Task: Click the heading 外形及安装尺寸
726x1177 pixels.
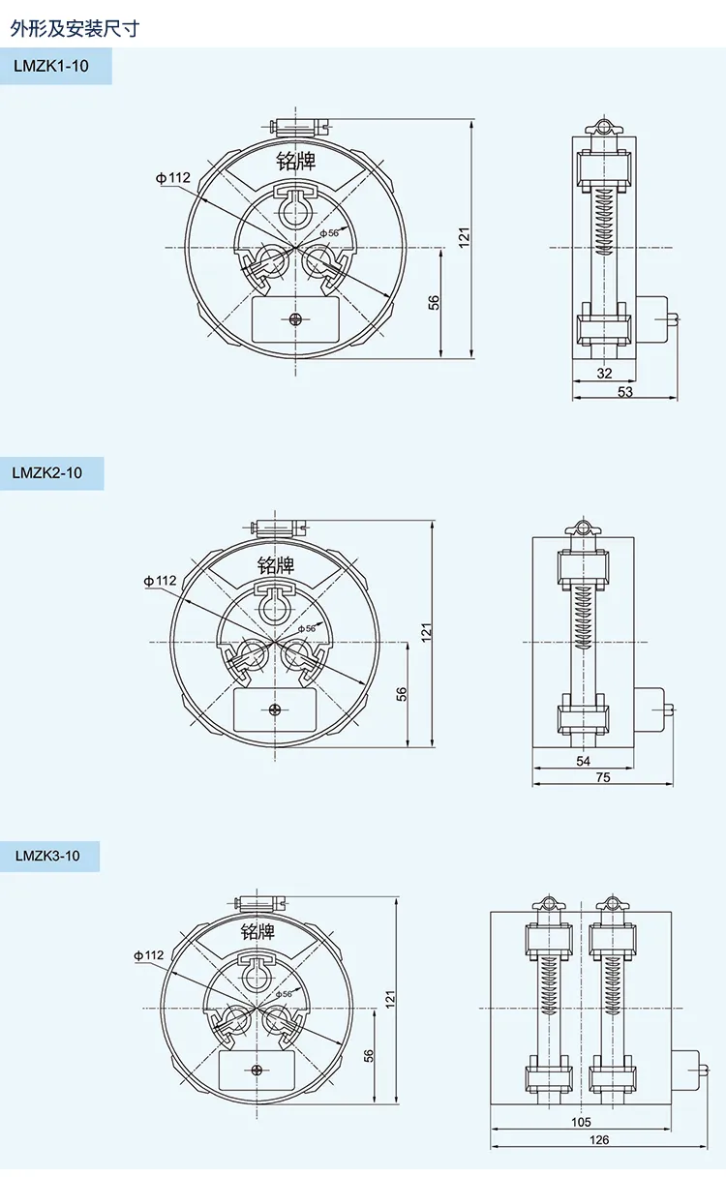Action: (x=75, y=28)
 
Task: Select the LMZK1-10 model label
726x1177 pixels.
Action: (x=51, y=67)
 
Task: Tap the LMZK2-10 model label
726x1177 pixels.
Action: (x=47, y=473)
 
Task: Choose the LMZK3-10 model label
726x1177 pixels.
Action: (x=47, y=856)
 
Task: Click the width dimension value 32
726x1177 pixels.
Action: (x=604, y=374)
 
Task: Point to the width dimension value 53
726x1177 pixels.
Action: (x=624, y=391)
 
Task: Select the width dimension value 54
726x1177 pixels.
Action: (x=583, y=761)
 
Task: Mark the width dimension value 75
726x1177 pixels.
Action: (x=603, y=777)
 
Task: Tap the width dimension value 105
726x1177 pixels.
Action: (x=581, y=1122)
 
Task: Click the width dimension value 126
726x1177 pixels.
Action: (x=599, y=1139)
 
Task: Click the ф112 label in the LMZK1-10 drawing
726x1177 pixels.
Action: (x=173, y=177)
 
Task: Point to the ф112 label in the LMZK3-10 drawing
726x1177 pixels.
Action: (x=151, y=954)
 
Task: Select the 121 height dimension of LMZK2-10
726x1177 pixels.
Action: (x=427, y=631)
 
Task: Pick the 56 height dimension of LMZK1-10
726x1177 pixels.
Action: (x=434, y=303)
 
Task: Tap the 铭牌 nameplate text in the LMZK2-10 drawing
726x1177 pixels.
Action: (x=276, y=564)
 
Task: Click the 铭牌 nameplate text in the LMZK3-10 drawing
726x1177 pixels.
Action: (x=257, y=931)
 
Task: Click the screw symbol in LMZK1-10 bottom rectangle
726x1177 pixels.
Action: (x=295, y=318)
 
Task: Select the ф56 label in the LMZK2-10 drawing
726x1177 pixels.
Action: (x=306, y=628)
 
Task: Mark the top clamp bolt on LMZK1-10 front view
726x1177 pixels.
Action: (x=297, y=125)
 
